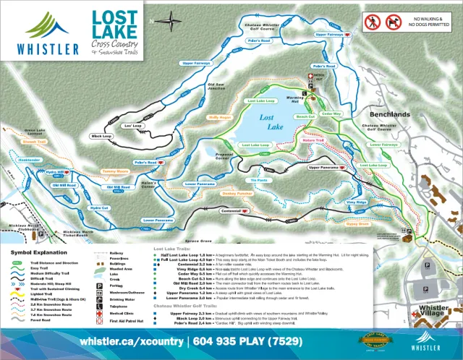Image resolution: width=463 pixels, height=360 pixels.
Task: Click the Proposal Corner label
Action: pyautogui.click(x=217, y=155)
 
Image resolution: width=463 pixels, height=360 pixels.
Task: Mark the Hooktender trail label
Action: pyautogui.click(x=30, y=159)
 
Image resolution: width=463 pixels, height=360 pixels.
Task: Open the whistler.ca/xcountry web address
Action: pyautogui.click(x=131, y=341)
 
